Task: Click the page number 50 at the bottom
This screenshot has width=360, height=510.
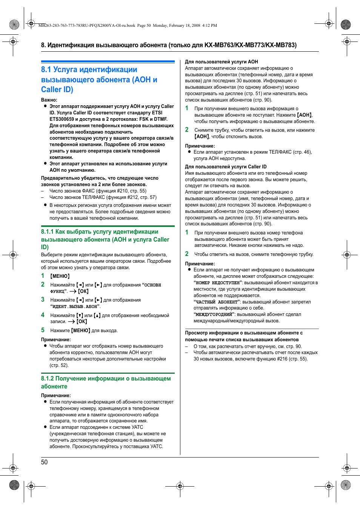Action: [44, 462]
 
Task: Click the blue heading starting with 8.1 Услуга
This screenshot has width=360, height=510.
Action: [99, 80]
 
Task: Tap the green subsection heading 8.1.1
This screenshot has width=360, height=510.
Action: [105, 239]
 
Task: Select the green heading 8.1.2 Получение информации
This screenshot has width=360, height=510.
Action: [106, 382]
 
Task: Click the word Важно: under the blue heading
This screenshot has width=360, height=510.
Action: [49, 100]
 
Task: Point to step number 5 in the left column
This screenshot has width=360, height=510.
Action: [43, 330]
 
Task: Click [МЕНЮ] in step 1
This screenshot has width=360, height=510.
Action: [60, 276]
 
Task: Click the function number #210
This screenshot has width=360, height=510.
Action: [122, 191]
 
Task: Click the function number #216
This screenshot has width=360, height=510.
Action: [282, 359]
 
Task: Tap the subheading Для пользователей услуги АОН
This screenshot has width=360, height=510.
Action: [221, 62]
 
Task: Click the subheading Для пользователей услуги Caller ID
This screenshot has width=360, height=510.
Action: [225, 166]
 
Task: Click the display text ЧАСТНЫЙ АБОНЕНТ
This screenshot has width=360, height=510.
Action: [217, 302]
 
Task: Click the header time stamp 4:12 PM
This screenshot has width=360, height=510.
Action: [209, 26]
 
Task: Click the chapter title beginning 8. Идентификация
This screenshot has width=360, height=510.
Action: [169, 45]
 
